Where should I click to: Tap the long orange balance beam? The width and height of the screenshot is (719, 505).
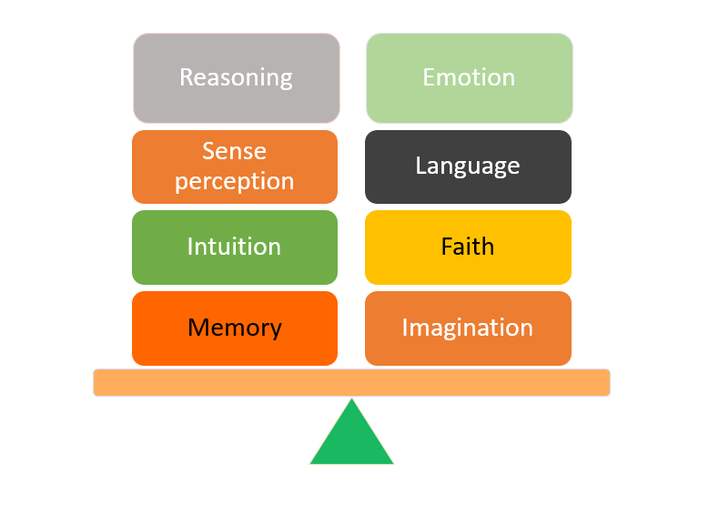(351, 382)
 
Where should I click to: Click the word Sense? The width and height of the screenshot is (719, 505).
(235, 151)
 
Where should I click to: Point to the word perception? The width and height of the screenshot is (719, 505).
(235, 181)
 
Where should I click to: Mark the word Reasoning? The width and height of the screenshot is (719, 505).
(236, 77)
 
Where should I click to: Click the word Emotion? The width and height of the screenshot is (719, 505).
(469, 77)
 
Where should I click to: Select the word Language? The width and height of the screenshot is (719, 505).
(468, 166)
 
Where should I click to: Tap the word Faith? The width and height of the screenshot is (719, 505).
(468, 246)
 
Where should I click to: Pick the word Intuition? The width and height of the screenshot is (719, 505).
(234, 246)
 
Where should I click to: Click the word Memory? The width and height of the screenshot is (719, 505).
(234, 328)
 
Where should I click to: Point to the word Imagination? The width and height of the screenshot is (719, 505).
(468, 328)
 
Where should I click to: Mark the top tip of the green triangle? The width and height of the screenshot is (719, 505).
(351, 400)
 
